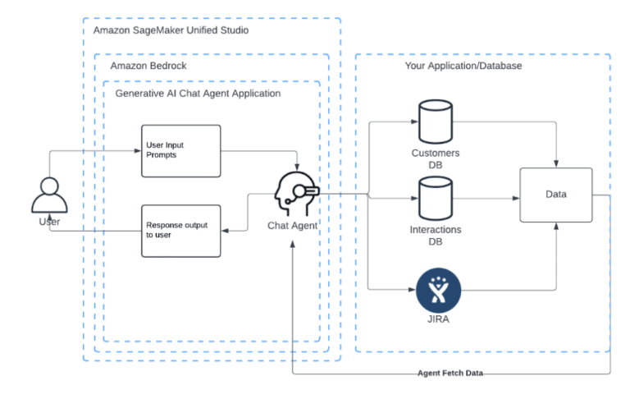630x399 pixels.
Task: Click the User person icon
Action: click(48, 195)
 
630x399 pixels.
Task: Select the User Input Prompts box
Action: click(180, 151)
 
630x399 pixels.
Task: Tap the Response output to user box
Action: click(180, 231)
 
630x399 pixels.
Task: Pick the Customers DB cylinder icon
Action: click(435, 122)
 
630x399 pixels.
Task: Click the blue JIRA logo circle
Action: click(438, 290)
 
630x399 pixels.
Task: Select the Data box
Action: click(555, 195)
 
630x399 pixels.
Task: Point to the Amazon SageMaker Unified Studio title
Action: click(171, 30)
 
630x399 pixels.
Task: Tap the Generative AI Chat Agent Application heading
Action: click(198, 94)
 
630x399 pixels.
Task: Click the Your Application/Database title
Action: click(463, 65)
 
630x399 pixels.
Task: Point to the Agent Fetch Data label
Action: click(451, 373)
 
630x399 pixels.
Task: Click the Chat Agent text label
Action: click(293, 225)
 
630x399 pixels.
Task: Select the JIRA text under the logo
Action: click(437, 320)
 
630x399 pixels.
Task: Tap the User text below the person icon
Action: click(49, 222)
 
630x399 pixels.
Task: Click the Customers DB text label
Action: click(436, 158)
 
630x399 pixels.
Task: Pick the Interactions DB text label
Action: click(436, 236)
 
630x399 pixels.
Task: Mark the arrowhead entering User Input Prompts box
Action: click(138, 151)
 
